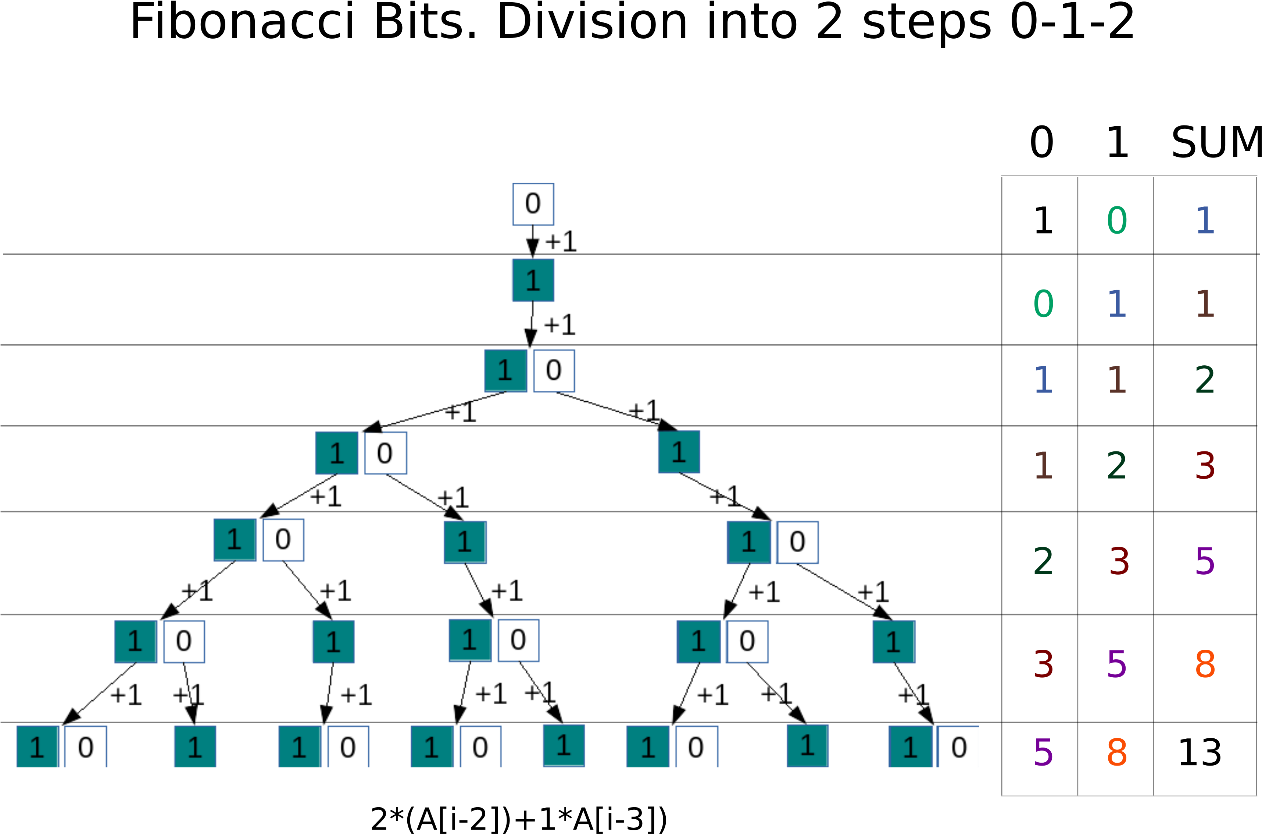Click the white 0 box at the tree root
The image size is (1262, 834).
coord(532,204)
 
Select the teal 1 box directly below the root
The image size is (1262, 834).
coord(532,280)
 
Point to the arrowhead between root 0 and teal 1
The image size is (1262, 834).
coord(532,246)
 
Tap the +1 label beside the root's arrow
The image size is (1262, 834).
coord(562,241)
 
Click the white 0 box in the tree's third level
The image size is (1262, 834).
coord(553,371)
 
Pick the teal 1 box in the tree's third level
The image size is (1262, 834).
coord(505,371)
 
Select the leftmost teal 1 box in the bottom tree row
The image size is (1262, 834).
coord(37,747)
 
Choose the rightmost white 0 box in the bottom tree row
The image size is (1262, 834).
coord(958,747)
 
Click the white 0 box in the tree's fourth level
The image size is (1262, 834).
coord(385,453)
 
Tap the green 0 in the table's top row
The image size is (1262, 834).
coord(1116,220)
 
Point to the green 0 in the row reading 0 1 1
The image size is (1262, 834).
coord(1043,304)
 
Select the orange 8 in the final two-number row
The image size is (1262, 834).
coord(1116,752)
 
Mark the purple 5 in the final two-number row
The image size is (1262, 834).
coord(1043,752)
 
